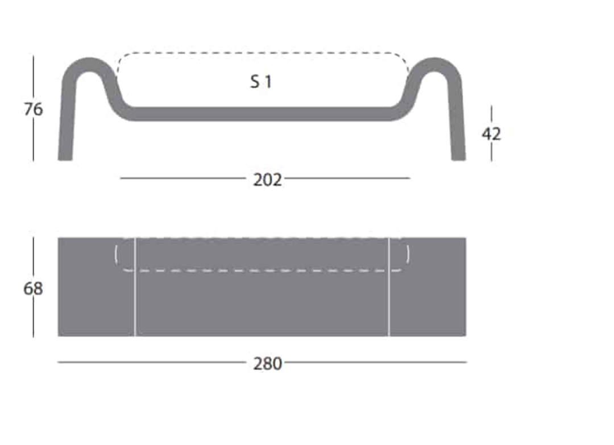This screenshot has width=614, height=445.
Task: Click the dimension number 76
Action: pyautogui.click(x=34, y=109)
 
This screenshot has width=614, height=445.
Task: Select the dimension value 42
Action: pyautogui.click(x=491, y=134)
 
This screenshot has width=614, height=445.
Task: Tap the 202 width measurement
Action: pyautogui.click(x=267, y=180)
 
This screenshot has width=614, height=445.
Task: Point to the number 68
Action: pyautogui.click(x=34, y=289)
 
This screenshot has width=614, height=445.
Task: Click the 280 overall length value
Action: pyautogui.click(x=267, y=364)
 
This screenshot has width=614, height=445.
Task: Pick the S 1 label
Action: pyautogui.click(x=261, y=82)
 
